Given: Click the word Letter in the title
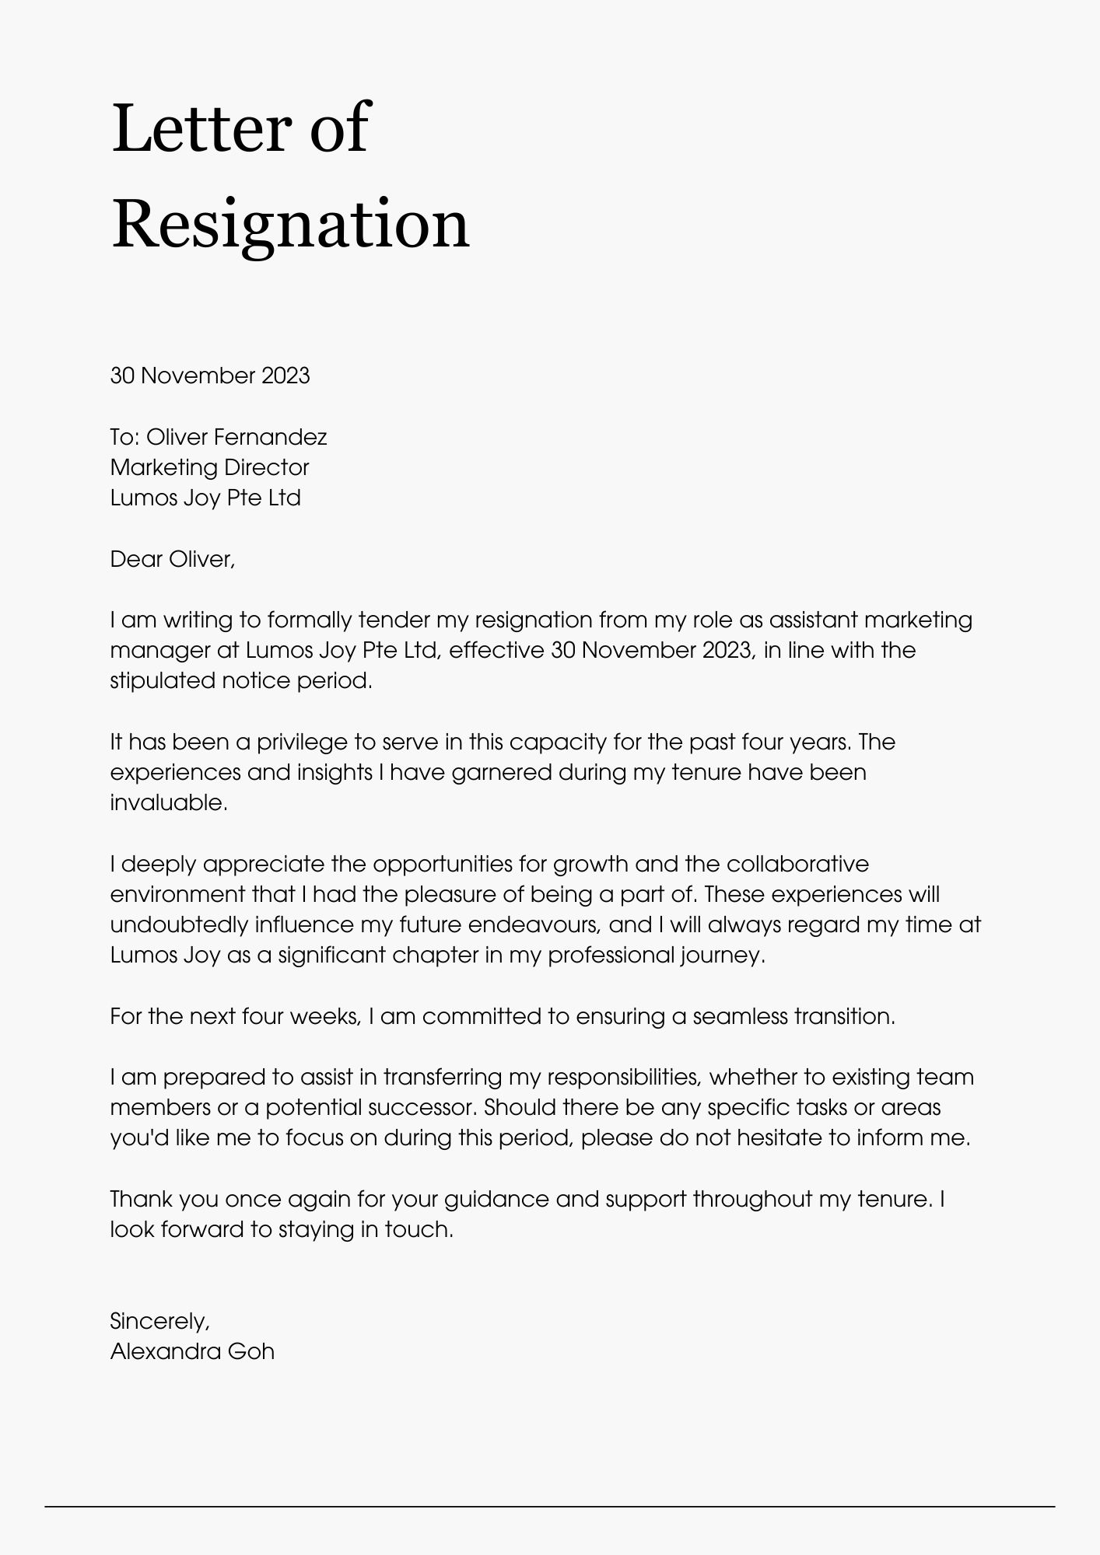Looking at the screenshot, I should coord(200,128).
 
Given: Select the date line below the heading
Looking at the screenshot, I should coord(210,376).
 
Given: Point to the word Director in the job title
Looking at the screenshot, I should coord(267,467).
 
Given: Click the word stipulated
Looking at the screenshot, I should coord(162,681).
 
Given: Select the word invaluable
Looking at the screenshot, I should coord(169,803).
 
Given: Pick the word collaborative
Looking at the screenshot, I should coord(797,865).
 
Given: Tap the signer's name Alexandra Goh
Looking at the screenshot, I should coord(192,1351).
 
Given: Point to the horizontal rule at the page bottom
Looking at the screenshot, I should coord(549,1507).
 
